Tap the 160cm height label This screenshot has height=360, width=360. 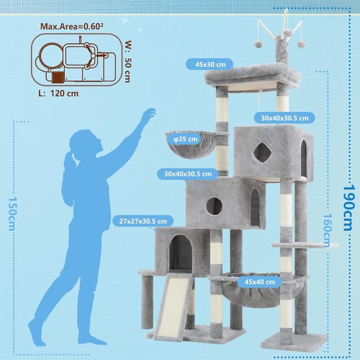point(328,230)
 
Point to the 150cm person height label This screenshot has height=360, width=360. point(12,214)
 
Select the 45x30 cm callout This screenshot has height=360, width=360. point(209,64)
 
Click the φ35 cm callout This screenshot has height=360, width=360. point(186,139)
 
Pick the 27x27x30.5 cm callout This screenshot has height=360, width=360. point(143,221)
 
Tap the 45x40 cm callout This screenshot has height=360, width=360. point(259,282)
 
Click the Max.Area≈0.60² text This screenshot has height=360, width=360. point(71,26)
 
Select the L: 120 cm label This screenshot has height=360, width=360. point(58,93)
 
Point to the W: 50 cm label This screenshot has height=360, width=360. point(128,61)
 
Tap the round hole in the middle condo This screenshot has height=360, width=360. point(214,206)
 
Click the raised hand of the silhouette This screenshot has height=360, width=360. point(149,114)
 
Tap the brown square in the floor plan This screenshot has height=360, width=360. point(57,78)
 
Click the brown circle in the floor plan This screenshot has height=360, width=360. point(51,56)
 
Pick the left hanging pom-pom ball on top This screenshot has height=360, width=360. point(258,44)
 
